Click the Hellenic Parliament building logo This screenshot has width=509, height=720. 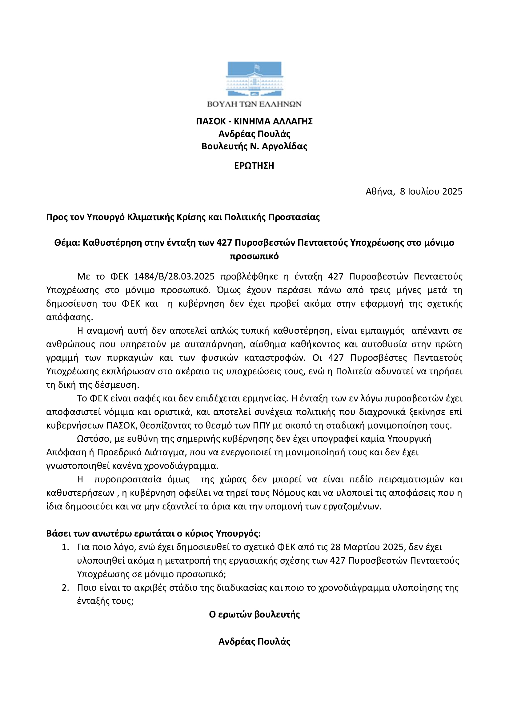pos(254,79)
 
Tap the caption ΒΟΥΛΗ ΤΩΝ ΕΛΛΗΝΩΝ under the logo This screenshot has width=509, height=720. pos(254,104)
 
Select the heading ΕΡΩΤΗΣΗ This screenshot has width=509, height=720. pos(254,166)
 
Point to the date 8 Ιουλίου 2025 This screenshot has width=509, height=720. pos(431,191)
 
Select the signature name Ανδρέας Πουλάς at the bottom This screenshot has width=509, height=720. pos(254,642)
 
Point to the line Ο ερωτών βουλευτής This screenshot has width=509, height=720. pos(254,614)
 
